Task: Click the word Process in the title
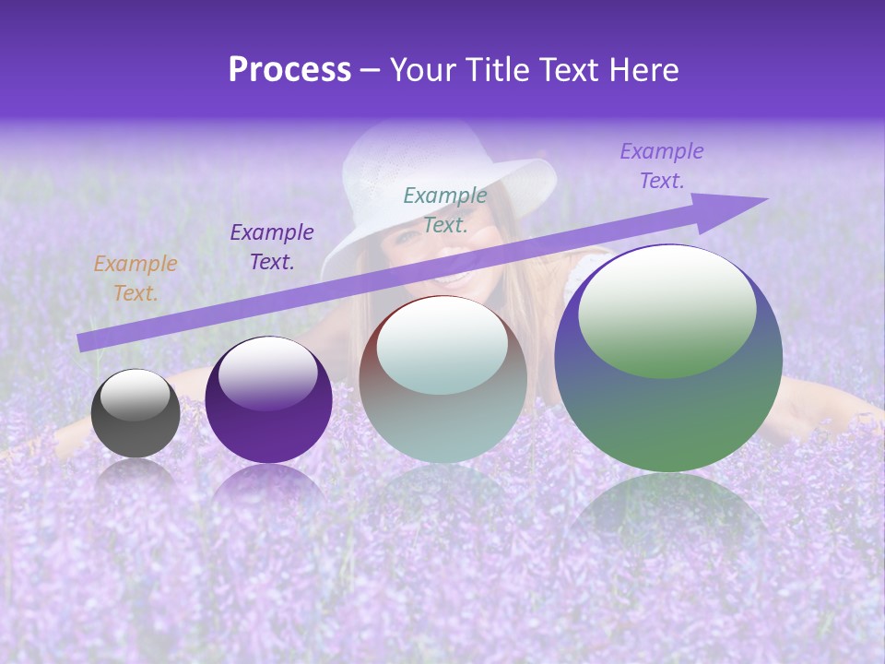tap(289, 70)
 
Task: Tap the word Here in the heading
tap(642, 70)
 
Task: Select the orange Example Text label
tap(136, 279)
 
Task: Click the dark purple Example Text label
tap(272, 246)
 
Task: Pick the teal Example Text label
tap(445, 209)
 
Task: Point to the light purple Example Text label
tap(662, 166)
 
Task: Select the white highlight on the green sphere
tap(667, 310)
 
